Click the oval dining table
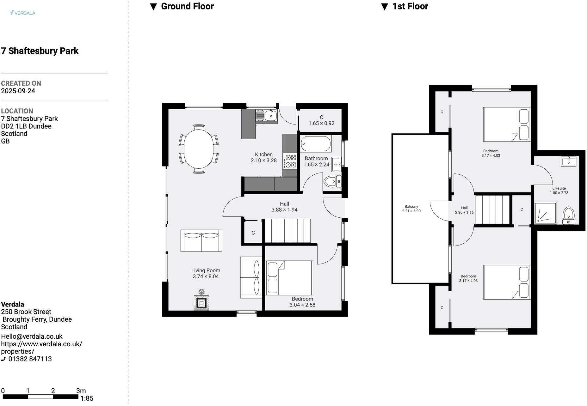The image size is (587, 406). [x=198, y=149]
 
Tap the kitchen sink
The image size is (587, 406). [x=267, y=116]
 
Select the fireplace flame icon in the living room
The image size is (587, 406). [x=201, y=292]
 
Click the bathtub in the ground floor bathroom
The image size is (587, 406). [x=316, y=144]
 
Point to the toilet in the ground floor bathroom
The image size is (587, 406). [x=332, y=182]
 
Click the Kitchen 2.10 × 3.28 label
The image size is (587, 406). [x=263, y=157]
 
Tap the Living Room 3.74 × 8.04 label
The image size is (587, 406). [x=206, y=273]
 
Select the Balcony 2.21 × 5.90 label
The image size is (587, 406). [x=411, y=209]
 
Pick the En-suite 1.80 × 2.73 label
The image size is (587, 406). [x=559, y=191]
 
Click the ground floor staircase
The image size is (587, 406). [x=287, y=231]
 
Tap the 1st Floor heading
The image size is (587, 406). [x=410, y=6]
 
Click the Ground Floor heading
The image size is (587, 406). [x=187, y=6]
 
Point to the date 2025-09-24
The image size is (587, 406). [x=18, y=91]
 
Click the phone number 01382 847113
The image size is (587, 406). [x=30, y=359]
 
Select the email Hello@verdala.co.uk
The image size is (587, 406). [x=32, y=336]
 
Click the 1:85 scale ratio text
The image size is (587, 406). [x=87, y=398]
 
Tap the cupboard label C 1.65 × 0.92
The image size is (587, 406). [x=321, y=120]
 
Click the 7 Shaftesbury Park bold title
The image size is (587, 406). [x=40, y=51]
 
